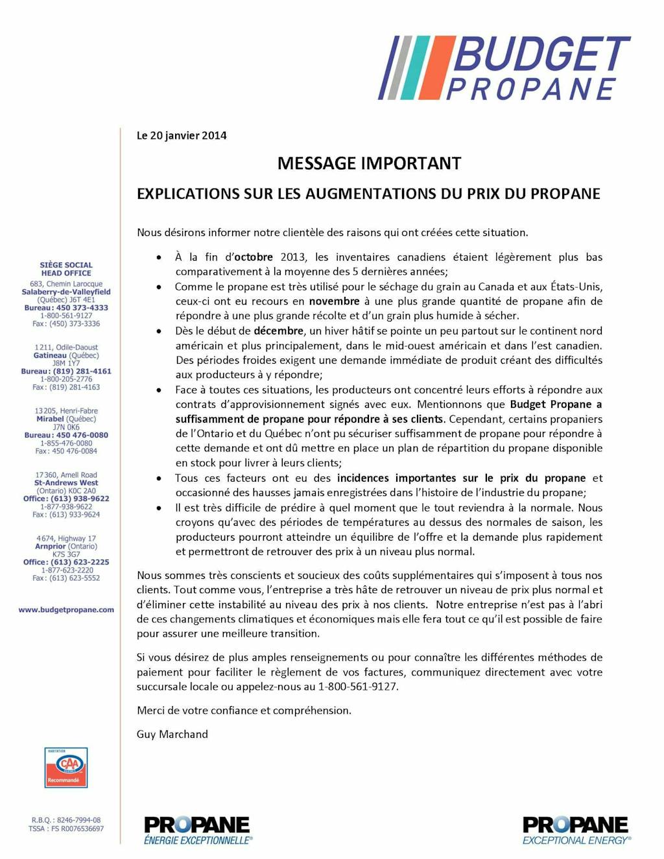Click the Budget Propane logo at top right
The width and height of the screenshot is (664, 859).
click(x=504, y=68)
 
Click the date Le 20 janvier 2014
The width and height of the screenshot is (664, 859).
click(x=182, y=135)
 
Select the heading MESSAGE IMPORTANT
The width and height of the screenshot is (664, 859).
click(x=369, y=163)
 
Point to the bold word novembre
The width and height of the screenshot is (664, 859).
click(x=334, y=301)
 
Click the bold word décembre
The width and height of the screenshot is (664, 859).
click(x=278, y=331)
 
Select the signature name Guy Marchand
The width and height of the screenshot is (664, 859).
click(x=172, y=735)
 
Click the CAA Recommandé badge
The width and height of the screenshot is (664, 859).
click(x=66, y=768)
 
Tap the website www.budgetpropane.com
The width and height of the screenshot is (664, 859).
click(x=66, y=610)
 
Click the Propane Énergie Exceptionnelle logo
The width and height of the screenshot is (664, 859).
click(x=197, y=830)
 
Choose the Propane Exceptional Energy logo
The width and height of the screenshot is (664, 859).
click(x=576, y=830)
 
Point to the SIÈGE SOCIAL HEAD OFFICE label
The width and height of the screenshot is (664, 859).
click(x=66, y=269)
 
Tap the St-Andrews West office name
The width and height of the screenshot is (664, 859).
click(x=66, y=483)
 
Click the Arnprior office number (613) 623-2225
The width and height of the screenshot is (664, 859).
click(x=80, y=562)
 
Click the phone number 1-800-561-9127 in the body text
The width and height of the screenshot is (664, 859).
click(x=357, y=687)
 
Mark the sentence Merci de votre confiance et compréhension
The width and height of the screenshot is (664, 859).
click(x=244, y=711)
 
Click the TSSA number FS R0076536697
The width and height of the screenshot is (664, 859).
click(x=77, y=829)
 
